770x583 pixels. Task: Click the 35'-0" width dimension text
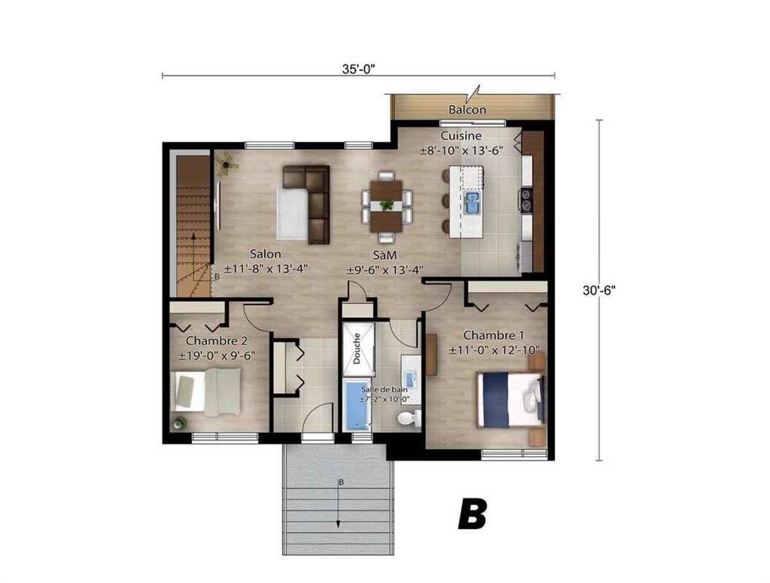point(358,69)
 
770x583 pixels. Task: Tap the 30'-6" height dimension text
point(599,291)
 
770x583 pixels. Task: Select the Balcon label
point(467,110)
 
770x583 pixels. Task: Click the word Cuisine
point(461,135)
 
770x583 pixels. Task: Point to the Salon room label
point(265,254)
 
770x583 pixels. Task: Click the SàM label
point(384,255)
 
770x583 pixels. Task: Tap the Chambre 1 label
point(493,335)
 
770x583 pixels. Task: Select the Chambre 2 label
point(216,341)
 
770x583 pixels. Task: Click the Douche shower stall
point(359,348)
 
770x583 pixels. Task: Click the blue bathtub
point(358,405)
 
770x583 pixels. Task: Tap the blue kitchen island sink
point(473,202)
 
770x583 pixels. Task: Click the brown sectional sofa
point(306,205)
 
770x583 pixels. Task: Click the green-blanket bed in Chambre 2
point(208,392)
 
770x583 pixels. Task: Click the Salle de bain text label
point(384,389)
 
